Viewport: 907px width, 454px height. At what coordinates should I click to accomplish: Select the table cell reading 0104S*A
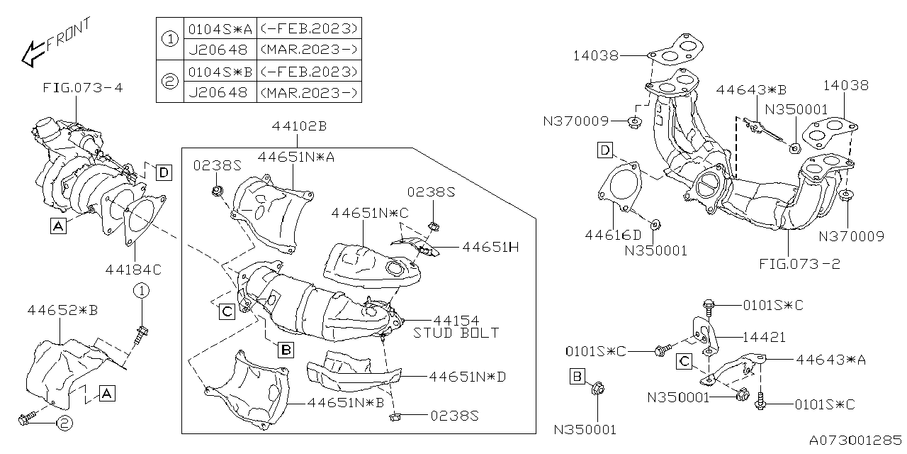[x=219, y=29]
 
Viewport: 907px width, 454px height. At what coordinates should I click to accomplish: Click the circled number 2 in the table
[x=169, y=82]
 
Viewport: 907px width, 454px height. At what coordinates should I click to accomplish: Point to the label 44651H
[x=490, y=247]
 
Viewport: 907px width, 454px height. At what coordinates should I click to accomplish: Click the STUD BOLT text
[x=456, y=333]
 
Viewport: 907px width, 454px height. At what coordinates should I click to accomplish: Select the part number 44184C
[x=133, y=269]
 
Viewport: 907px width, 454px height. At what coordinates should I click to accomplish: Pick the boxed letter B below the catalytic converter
[x=285, y=349]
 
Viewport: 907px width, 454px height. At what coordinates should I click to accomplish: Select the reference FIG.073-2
[x=799, y=265]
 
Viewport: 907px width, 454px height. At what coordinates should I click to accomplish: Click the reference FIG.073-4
[x=82, y=89]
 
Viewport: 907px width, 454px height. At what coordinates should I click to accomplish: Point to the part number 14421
[x=764, y=338]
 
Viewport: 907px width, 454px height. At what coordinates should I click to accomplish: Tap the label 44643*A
[x=830, y=360]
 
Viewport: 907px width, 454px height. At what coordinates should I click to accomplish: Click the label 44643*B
[x=752, y=90]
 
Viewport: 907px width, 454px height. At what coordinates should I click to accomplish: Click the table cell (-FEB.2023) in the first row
[x=309, y=29]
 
